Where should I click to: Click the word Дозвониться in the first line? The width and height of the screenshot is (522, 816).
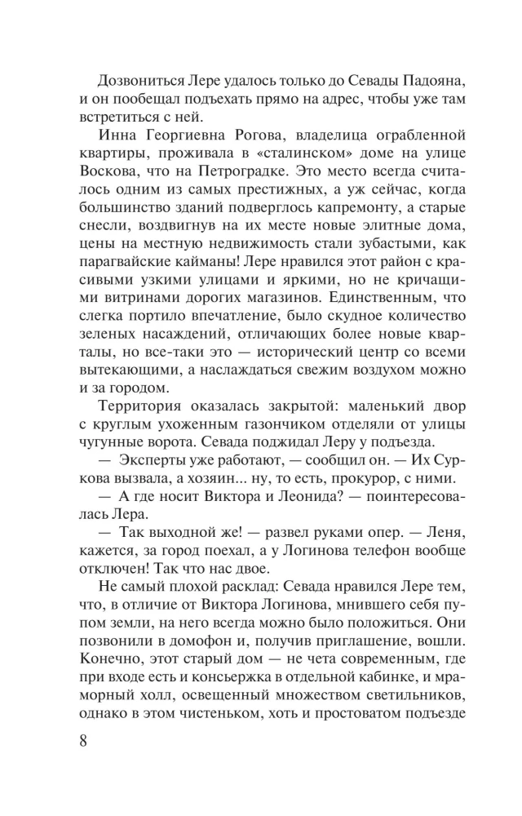[144, 80]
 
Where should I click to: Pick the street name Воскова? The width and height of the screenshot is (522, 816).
[109, 173]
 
